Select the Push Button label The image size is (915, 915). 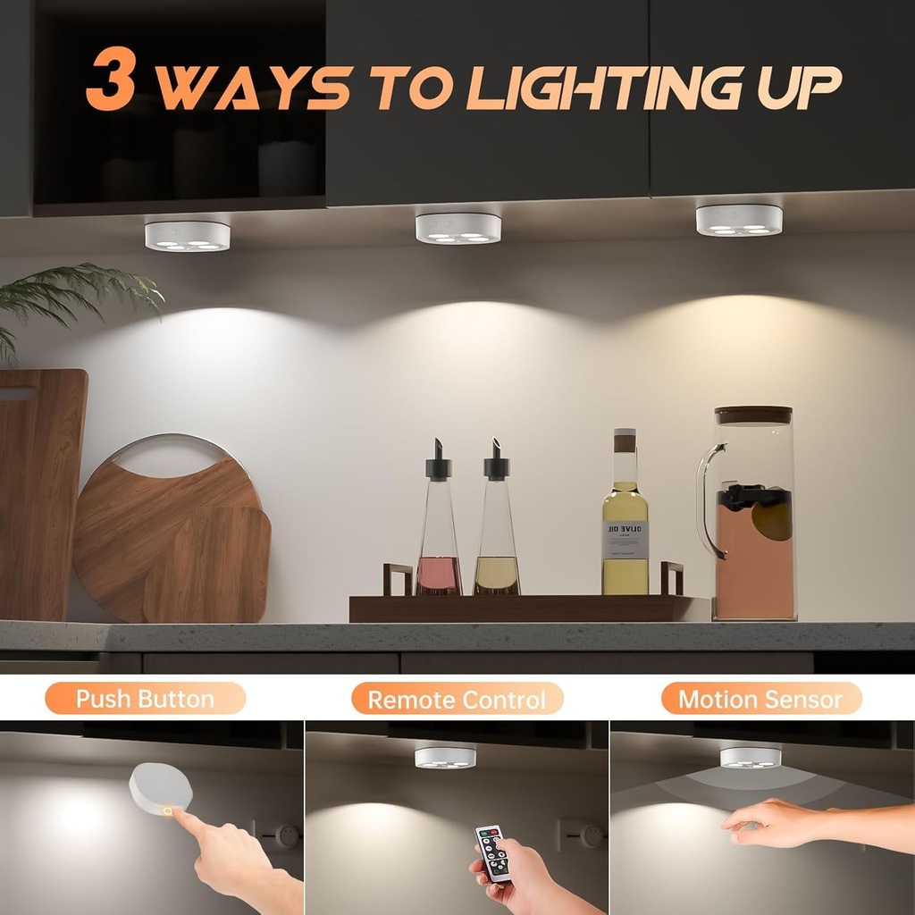[145, 698]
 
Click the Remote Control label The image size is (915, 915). [457, 699]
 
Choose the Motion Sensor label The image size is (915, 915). [760, 698]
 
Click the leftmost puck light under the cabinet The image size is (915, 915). [187, 236]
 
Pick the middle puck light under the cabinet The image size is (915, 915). [457, 228]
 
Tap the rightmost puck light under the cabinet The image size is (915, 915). [739, 220]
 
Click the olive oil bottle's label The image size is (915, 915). [625, 540]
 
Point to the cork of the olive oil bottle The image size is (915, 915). [625, 441]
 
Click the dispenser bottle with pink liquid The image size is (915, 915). [439, 536]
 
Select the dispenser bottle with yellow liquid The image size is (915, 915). [497, 536]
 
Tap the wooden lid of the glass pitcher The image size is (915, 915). [753, 415]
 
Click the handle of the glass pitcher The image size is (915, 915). [707, 500]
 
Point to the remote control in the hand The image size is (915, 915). [492, 852]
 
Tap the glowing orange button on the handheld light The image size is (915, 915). [169, 810]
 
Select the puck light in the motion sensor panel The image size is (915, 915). [750, 757]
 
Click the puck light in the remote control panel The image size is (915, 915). [444, 758]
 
